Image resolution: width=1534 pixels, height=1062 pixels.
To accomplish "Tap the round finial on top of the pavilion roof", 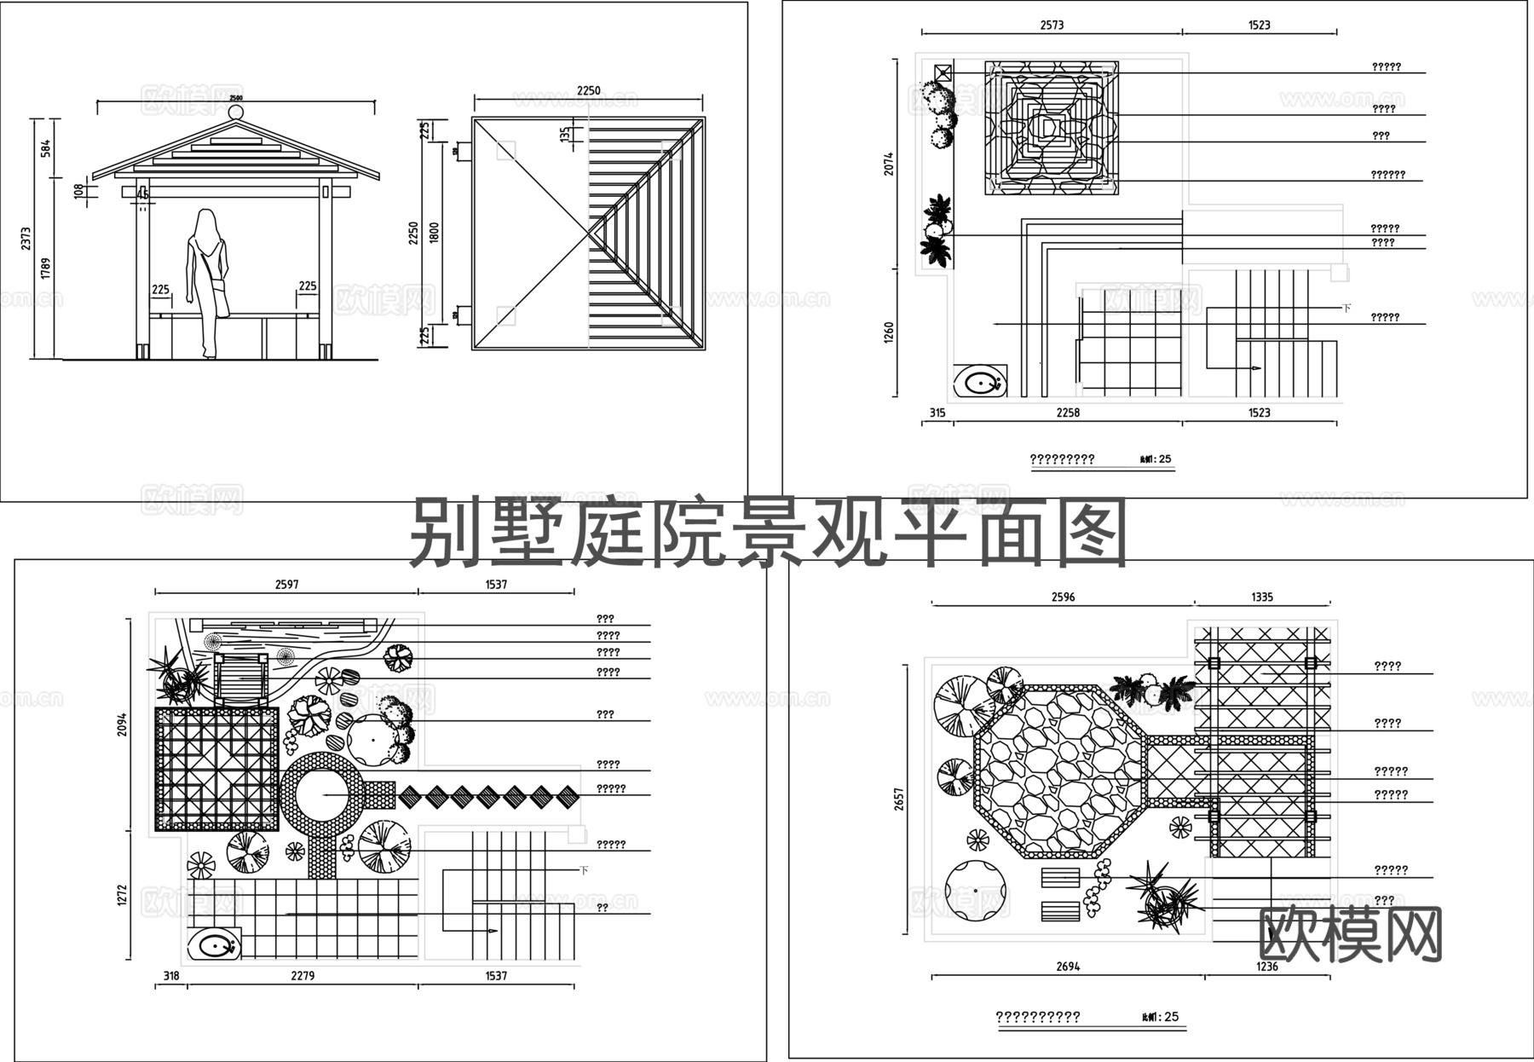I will [x=236, y=112].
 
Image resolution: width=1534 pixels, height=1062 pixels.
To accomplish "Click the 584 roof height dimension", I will [x=46, y=147].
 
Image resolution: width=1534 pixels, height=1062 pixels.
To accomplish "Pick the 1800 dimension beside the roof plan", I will [x=435, y=234].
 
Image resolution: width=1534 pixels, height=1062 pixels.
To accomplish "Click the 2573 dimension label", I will [x=1052, y=26].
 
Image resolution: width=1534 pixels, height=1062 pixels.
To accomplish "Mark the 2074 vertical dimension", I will [x=889, y=164].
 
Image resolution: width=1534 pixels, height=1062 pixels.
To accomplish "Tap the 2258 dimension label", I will [x=1068, y=413].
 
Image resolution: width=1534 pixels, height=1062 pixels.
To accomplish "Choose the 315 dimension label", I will [x=937, y=413].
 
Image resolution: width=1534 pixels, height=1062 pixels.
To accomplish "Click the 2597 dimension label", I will [x=286, y=585].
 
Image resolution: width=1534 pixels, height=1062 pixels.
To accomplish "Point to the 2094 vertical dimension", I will [x=122, y=724].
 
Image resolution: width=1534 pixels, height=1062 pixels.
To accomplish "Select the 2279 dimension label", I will [x=303, y=976].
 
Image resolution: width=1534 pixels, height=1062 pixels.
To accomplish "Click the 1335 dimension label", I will [x=1262, y=597].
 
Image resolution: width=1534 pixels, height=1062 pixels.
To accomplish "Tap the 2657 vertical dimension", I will [x=899, y=799].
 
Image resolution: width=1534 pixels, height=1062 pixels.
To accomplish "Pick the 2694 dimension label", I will [x=1068, y=967].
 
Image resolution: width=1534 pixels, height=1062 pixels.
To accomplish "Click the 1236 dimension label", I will [x=1267, y=967].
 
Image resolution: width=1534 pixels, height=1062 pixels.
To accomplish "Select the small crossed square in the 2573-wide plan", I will [x=943, y=72].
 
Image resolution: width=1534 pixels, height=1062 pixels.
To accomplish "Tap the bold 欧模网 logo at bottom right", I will [x=1351, y=934].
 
